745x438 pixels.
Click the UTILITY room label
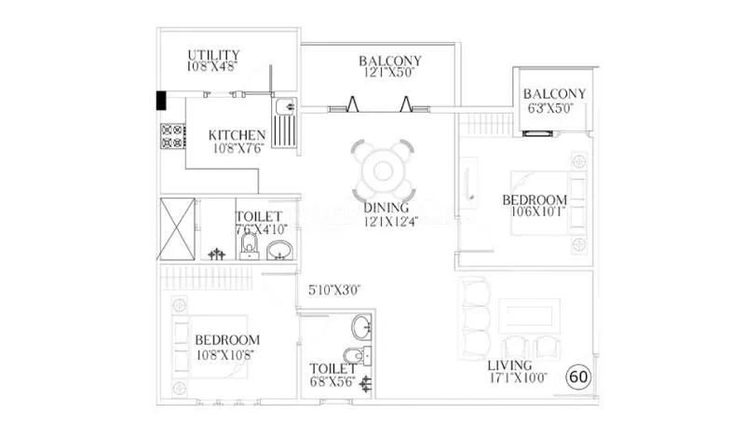(213, 54)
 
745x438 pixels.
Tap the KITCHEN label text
(237, 135)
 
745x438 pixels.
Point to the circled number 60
(578, 377)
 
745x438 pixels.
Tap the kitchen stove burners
(171, 136)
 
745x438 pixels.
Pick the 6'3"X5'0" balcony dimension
(555, 109)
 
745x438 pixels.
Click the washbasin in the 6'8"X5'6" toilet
(361, 326)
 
